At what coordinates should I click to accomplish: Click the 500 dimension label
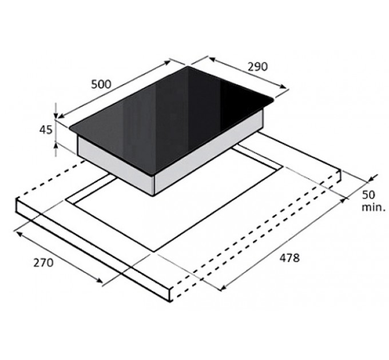point(101,84)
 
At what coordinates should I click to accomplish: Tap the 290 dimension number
point(258,67)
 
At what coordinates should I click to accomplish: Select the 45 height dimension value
point(46,130)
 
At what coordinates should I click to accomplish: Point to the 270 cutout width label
point(43,263)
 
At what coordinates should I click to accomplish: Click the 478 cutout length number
point(289,258)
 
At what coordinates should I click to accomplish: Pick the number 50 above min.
point(368,195)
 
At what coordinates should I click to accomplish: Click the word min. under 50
point(374,207)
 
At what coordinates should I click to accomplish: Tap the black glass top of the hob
point(171,119)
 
